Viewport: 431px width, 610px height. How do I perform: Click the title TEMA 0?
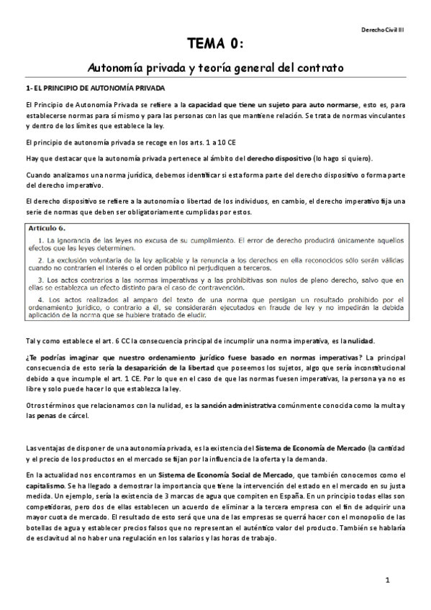coord(215,45)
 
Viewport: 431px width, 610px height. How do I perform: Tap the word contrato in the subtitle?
coord(317,68)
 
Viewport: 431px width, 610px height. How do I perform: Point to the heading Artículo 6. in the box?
coord(47,228)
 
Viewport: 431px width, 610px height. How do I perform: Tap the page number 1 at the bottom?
coord(388,580)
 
